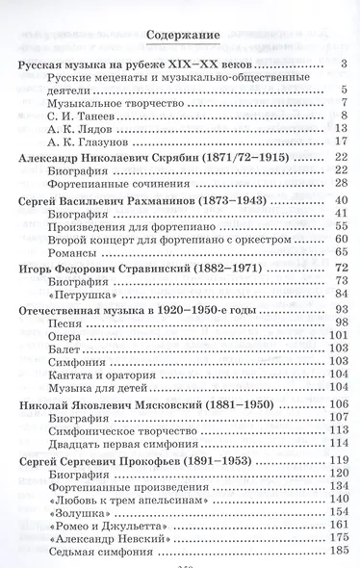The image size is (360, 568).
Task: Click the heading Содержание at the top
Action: pos(183,38)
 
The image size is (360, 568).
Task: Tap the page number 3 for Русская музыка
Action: pos(342,65)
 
